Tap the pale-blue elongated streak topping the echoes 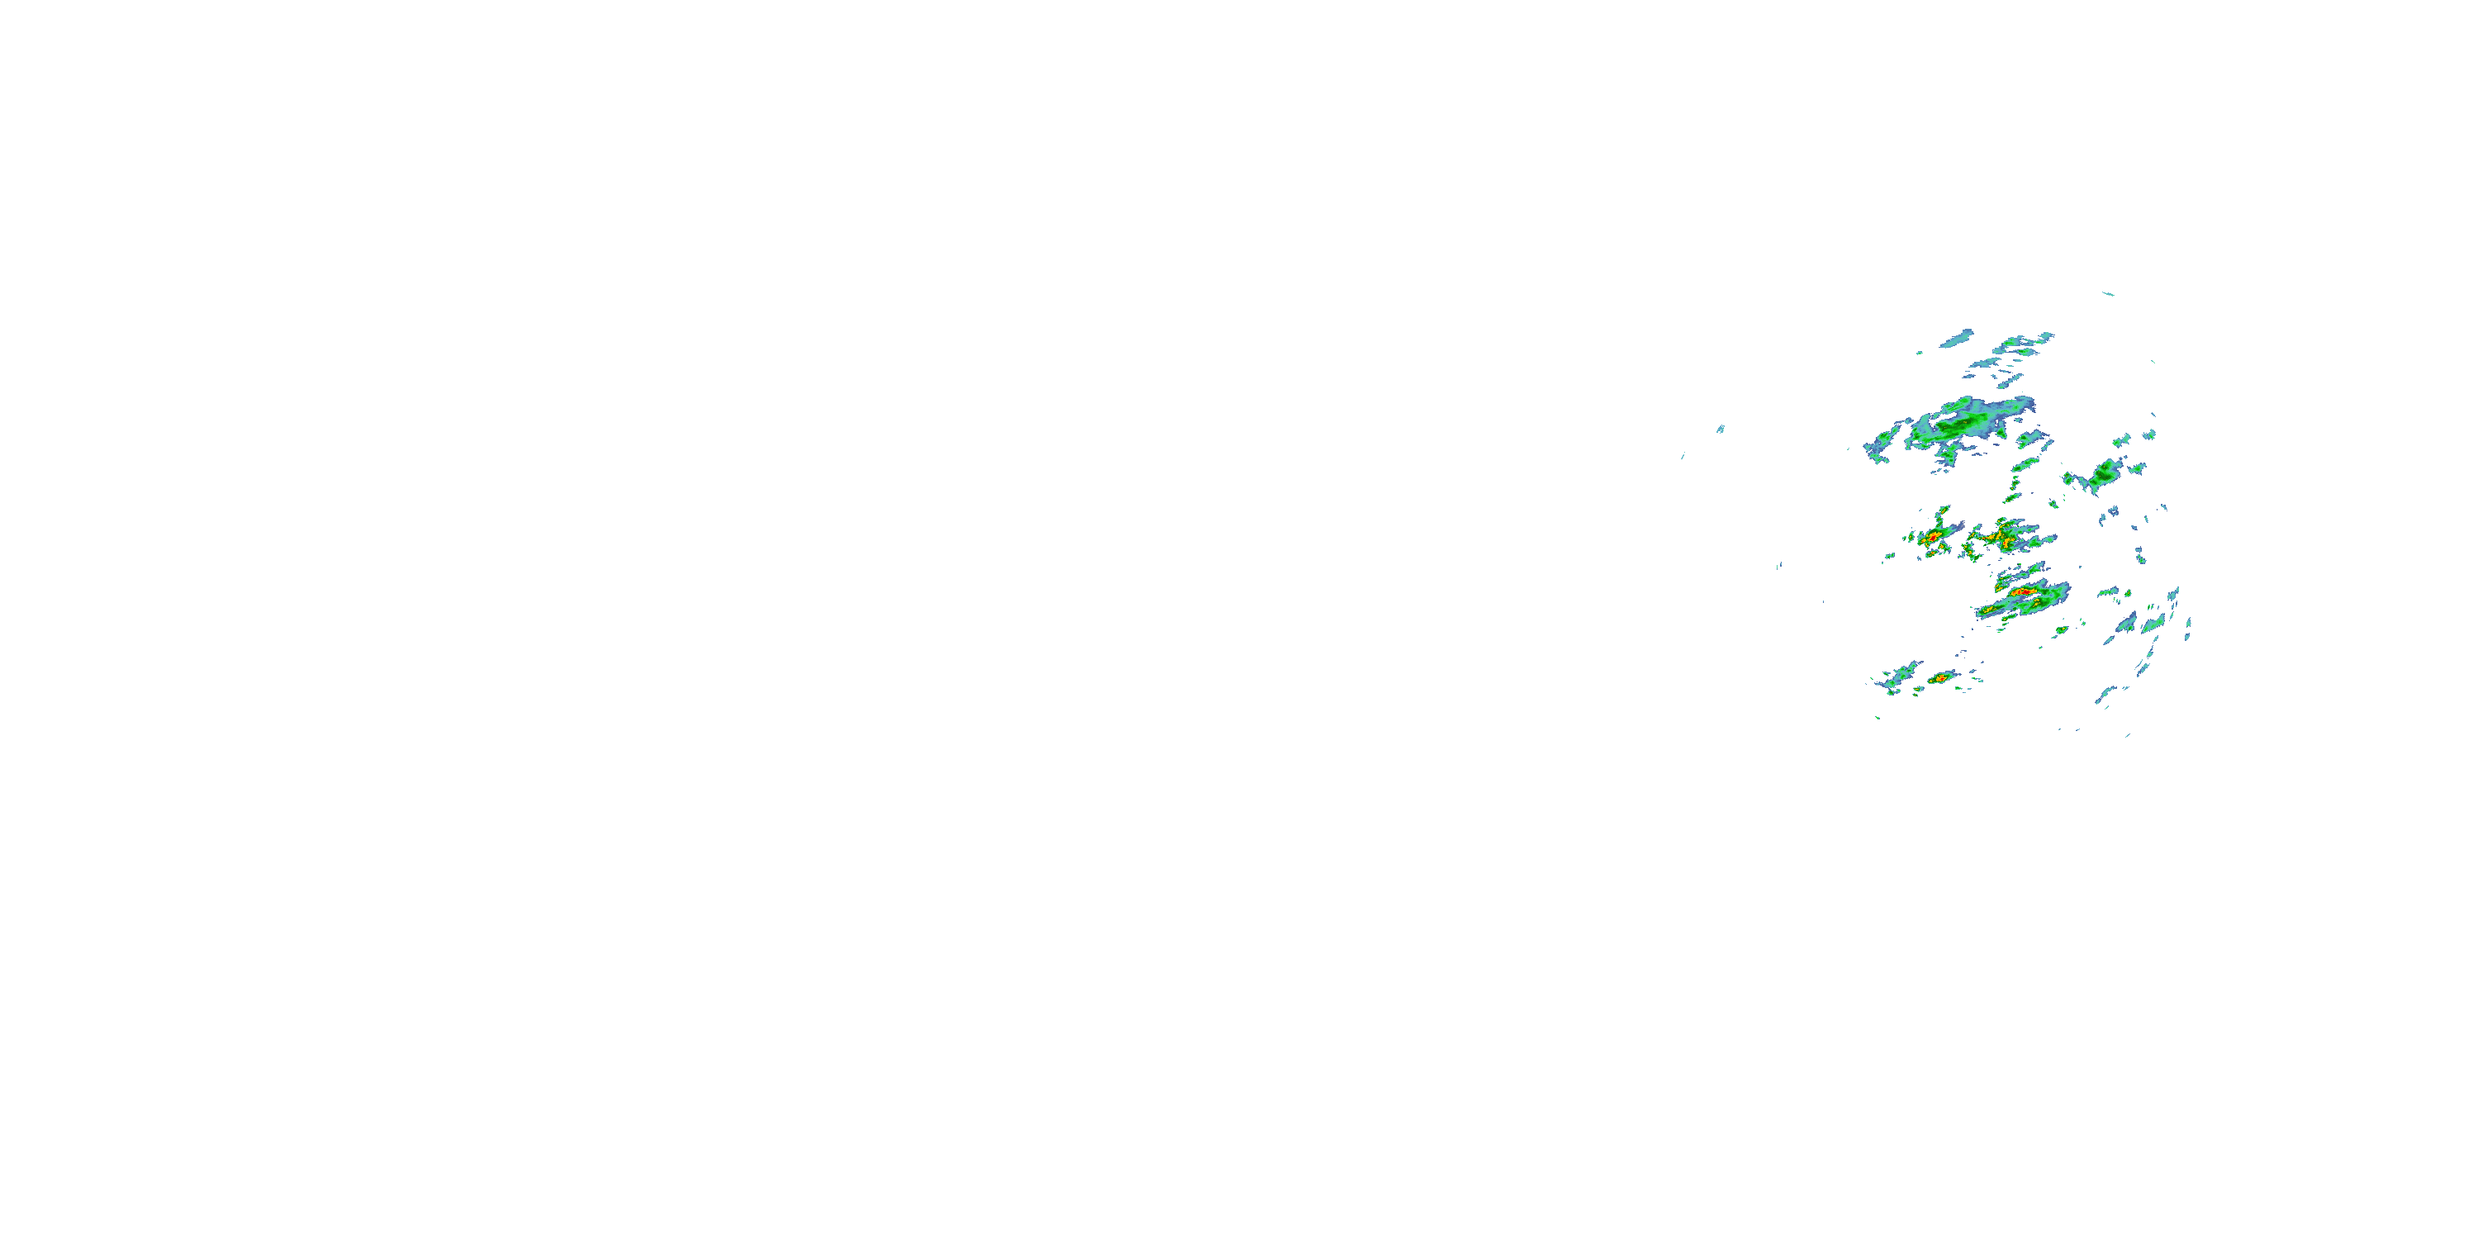[x=1957, y=339]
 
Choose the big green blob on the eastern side [x=2103, y=473]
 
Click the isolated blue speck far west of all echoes [x=1720, y=429]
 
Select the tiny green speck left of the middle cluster [x=1889, y=556]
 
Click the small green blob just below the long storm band [x=2062, y=631]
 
